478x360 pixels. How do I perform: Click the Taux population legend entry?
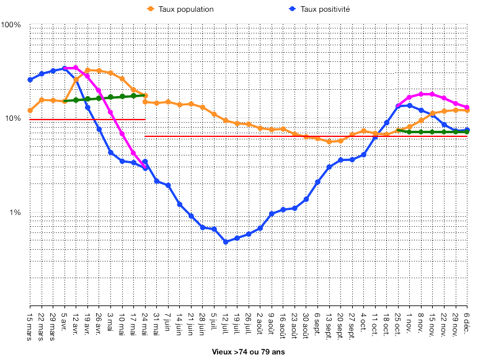tap(185, 9)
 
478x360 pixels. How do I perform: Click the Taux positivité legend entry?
tap(325, 9)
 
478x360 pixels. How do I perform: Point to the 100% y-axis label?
tap(11, 25)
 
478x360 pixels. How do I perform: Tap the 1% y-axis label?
tap(15, 213)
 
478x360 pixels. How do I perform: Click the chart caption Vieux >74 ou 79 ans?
tap(248, 351)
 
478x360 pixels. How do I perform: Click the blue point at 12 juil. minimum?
tap(226, 242)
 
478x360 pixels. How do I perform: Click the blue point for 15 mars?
tap(30, 80)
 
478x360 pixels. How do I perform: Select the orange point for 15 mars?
tap(30, 110)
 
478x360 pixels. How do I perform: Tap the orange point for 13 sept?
tap(329, 142)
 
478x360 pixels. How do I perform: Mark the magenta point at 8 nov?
tap(421, 94)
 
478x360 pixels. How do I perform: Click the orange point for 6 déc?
tap(467, 110)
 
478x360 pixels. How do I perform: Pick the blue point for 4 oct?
tap(364, 154)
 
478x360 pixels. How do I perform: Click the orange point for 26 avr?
tap(99, 71)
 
